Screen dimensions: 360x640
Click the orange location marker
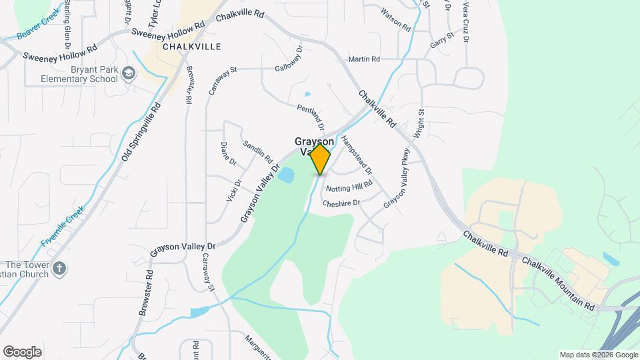point(321,159)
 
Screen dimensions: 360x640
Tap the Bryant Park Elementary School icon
point(129,75)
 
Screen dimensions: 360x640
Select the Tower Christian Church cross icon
point(59,269)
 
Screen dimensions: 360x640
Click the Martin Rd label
point(364,60)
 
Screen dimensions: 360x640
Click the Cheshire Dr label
point(341,203)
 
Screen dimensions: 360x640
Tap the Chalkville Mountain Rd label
point(559,283)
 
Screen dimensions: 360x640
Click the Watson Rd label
point(395,19)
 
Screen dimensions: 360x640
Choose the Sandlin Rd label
point(258,152)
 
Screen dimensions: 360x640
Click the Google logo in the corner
point(22,351)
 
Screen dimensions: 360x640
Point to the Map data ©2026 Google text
point(598,355)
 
